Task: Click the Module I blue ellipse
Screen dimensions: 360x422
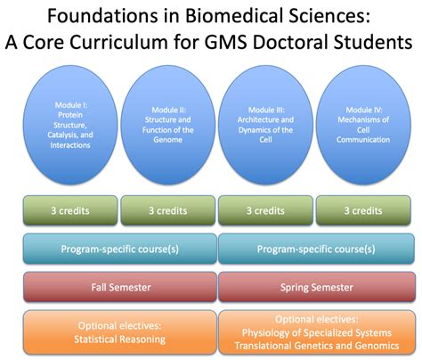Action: (x=70, y=125)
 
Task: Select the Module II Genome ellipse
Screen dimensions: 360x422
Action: (x=167, y=125)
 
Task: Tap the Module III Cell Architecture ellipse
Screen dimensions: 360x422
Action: (x=264, y=125)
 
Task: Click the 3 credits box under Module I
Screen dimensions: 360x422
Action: (x=70, y=212)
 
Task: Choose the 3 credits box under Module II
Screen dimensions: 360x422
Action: (x=167, y=212)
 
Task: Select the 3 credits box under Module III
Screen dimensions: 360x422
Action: (x=264, y=212)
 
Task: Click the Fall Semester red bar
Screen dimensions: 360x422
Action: (x=119, y=288)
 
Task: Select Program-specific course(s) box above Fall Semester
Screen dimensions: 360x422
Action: (x=119, y=249)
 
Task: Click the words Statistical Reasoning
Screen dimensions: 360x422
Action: (x=119, y=339)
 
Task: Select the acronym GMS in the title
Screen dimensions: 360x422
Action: (x=242, y=42)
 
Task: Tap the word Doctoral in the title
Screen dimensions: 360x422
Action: (x=304, y=42)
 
